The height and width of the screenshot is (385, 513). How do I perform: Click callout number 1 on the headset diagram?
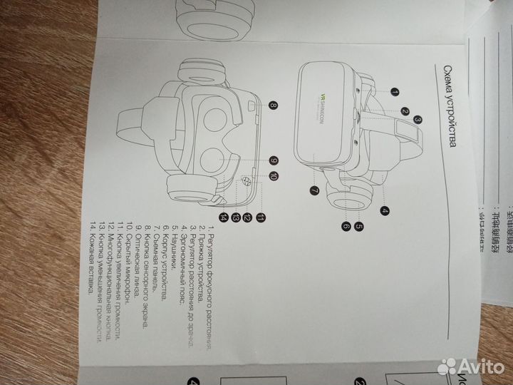[x=394, y=92]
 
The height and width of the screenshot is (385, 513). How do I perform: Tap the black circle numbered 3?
[x=418, y=120]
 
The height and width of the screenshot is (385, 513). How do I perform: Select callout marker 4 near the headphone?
[x=385, y=210]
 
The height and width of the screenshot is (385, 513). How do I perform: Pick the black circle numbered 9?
[x=273, y=160]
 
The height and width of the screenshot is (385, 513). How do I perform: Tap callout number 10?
[x=274, y=175]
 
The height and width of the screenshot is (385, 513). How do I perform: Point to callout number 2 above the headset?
[x=404, y=111]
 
